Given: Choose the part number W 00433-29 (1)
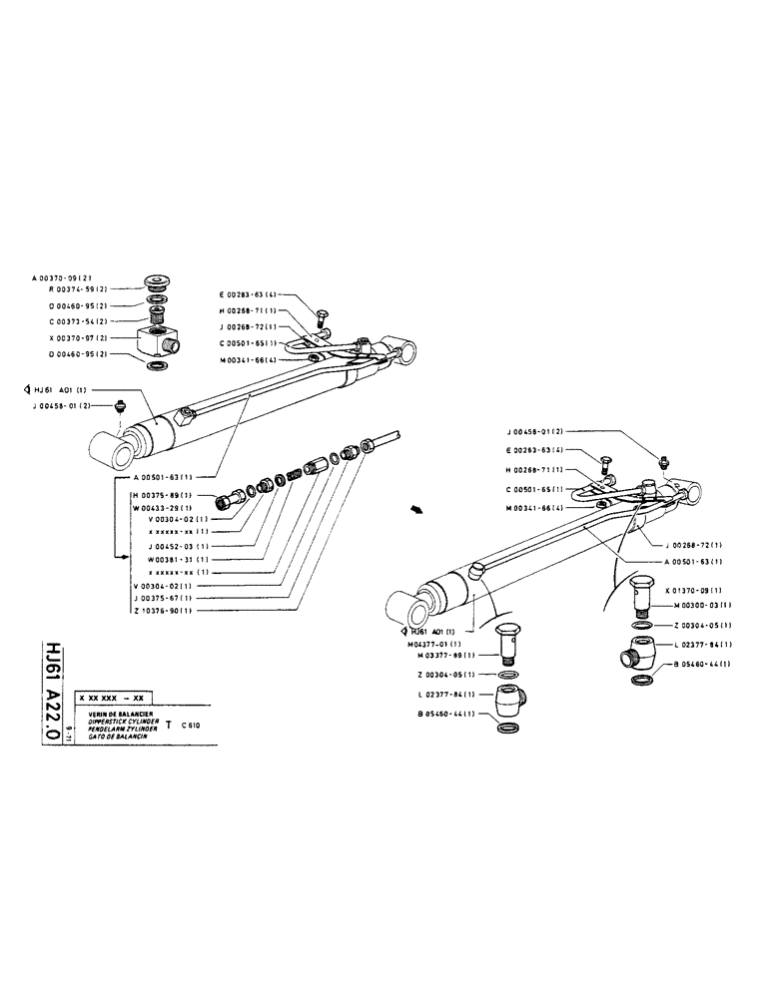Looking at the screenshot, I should (x=161, y=507).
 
